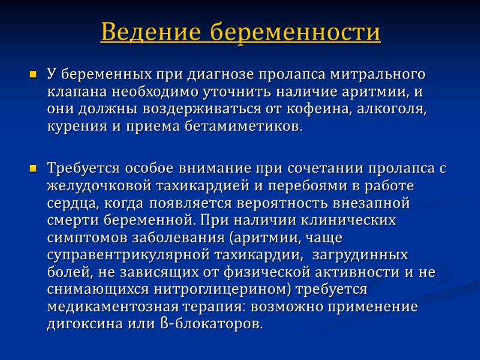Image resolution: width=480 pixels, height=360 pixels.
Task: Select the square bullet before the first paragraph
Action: coord(33,76)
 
